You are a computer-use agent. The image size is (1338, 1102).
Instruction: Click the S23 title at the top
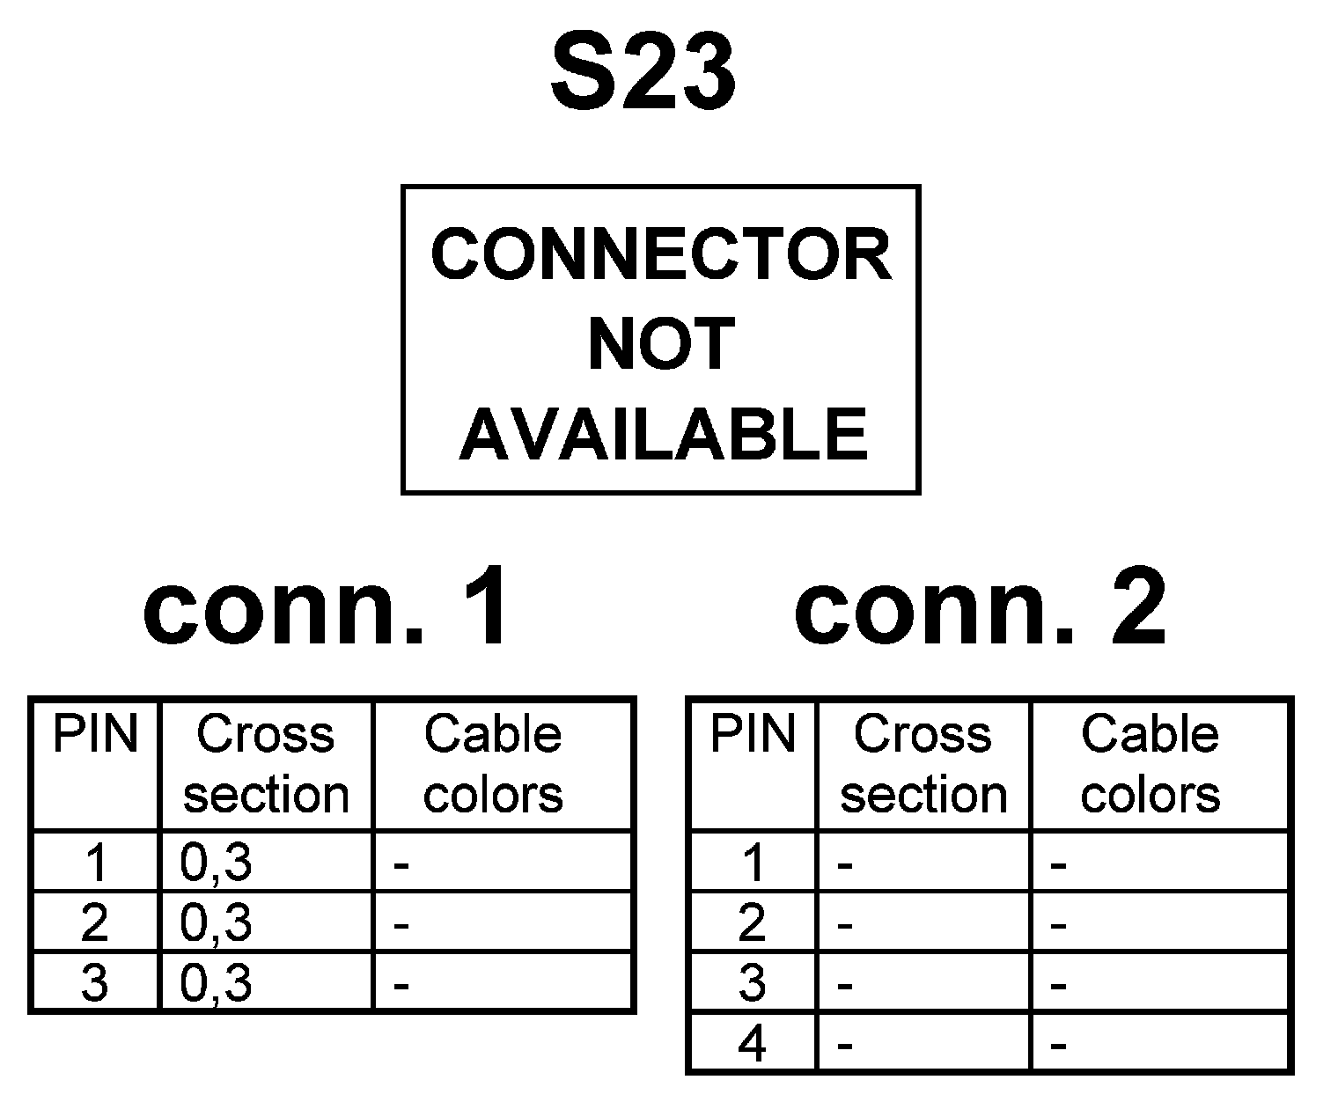coord(643,74)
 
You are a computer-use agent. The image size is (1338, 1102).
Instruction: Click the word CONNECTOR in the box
coord(661,255)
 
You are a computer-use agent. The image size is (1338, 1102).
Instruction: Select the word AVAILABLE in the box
coord(663,434)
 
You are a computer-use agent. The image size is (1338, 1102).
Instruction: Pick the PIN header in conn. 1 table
coord(96,734)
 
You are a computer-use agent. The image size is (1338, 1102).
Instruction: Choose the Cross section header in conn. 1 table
coord(266,764)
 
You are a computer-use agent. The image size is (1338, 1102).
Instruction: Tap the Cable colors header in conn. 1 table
coord(493,764)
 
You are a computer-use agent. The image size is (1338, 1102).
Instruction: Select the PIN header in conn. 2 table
coord(753,734)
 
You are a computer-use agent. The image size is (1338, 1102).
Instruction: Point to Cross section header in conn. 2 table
coord(923,764)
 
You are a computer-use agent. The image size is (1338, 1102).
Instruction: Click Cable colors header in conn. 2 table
coord(1151,764)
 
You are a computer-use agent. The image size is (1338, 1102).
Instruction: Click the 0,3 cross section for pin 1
coord(217,863)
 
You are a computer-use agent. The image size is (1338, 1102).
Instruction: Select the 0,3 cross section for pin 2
coord(217,922)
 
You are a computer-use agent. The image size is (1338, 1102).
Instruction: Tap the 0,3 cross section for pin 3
coord(217,982)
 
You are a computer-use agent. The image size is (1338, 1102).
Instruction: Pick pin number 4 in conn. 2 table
coord(753,1045)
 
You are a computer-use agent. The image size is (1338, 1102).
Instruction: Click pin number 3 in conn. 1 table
coord(95,982)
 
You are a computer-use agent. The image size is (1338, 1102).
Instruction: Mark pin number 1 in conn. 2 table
coord(754,863)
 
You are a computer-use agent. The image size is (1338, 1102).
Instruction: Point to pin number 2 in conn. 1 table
coord(95,922)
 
